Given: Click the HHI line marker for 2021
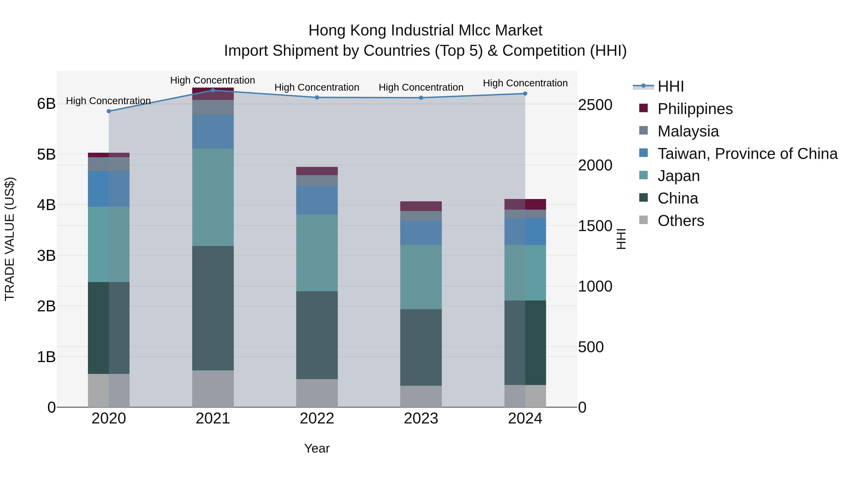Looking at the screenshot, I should [213, 90].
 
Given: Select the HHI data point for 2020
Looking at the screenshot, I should [109, 111].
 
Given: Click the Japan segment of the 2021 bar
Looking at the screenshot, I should [213, 197].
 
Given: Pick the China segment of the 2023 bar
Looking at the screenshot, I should [421, 347].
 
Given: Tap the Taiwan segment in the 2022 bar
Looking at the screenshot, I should [317, 200].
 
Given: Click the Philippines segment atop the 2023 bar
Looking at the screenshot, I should [421, 206].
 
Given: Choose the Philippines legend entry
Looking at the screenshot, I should [695, 109].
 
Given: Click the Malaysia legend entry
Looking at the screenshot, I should [688, 131].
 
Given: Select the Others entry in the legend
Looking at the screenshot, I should [681, 221].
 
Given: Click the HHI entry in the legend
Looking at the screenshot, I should [670, 86].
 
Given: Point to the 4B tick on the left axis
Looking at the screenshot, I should [46, 205].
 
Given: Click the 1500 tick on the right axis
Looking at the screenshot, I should [595, 226].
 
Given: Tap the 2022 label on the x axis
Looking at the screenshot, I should [317, 419].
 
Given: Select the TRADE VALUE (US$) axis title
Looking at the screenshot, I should [10, 239].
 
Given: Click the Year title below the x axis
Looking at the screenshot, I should [317, 448].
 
